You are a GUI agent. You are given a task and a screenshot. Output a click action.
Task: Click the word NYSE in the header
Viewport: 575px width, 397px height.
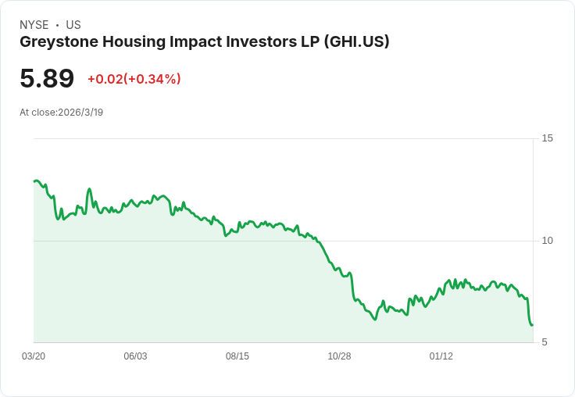tap(34, 25)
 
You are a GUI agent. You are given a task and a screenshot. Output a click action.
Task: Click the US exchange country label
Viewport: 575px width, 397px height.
tap(73, 25)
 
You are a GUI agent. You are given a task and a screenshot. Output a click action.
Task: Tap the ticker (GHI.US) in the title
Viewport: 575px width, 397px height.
tap(355, 41)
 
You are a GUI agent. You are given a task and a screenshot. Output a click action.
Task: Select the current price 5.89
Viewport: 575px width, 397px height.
tap(47, 78)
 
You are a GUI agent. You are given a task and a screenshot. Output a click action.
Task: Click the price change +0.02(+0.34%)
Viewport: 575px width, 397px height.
tap(134, 79)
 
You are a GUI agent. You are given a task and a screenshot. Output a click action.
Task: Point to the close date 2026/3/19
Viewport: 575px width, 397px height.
tap(80, 113)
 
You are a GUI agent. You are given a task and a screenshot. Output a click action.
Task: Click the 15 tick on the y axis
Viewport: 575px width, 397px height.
tap(547, 138)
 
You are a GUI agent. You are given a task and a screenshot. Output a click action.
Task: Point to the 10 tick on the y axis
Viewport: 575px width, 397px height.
tap(547, 240)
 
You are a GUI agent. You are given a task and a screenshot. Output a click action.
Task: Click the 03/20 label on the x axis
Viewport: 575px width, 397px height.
tap(34, 356)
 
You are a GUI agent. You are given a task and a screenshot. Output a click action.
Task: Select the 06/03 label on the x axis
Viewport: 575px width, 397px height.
tap(135, 356)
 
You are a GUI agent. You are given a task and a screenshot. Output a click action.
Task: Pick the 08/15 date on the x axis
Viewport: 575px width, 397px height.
tap(237, 356)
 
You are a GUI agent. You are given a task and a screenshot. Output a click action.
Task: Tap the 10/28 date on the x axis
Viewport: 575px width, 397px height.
tap(339, 356)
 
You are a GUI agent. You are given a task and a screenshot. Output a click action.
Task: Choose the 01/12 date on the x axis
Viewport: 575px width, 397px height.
tap(441, 356)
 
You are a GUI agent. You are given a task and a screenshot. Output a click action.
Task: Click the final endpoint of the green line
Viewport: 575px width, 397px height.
tap(532, 324)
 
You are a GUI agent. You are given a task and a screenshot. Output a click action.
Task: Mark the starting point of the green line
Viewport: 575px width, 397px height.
tap(34, 181)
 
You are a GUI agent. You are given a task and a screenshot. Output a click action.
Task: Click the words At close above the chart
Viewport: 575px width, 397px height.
tap(37, 113)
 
